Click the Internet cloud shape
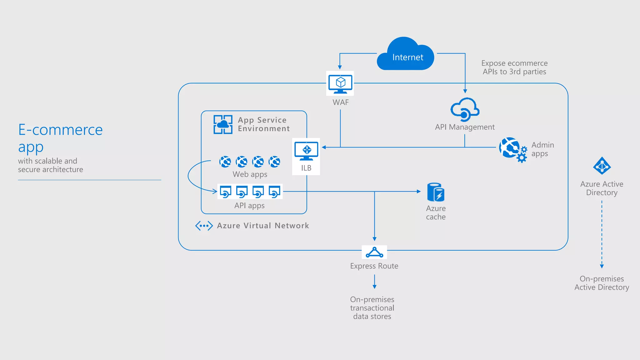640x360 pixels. pos(405,55)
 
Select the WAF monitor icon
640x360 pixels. pos(340,83)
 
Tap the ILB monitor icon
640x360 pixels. pos(306,151)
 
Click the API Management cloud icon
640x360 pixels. pos(465,110)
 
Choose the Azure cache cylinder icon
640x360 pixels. pos(436,192)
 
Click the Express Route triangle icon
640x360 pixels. pos(374,252)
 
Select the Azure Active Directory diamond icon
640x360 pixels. pos(602,166)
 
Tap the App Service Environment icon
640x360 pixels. pos(223,124)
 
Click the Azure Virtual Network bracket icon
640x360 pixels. pos(204,226)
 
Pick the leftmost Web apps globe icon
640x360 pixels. pos(225,162)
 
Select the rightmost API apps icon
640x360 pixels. pos(274,192)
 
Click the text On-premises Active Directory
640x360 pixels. pos(602,283)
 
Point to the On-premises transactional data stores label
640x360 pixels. pos(372,308)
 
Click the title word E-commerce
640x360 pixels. pos(60,130)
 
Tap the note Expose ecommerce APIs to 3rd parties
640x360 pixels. pos(514,67)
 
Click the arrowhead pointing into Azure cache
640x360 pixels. pos(419,191)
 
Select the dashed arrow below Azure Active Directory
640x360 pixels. pos(602,234)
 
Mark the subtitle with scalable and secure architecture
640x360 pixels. pos(50,165)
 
